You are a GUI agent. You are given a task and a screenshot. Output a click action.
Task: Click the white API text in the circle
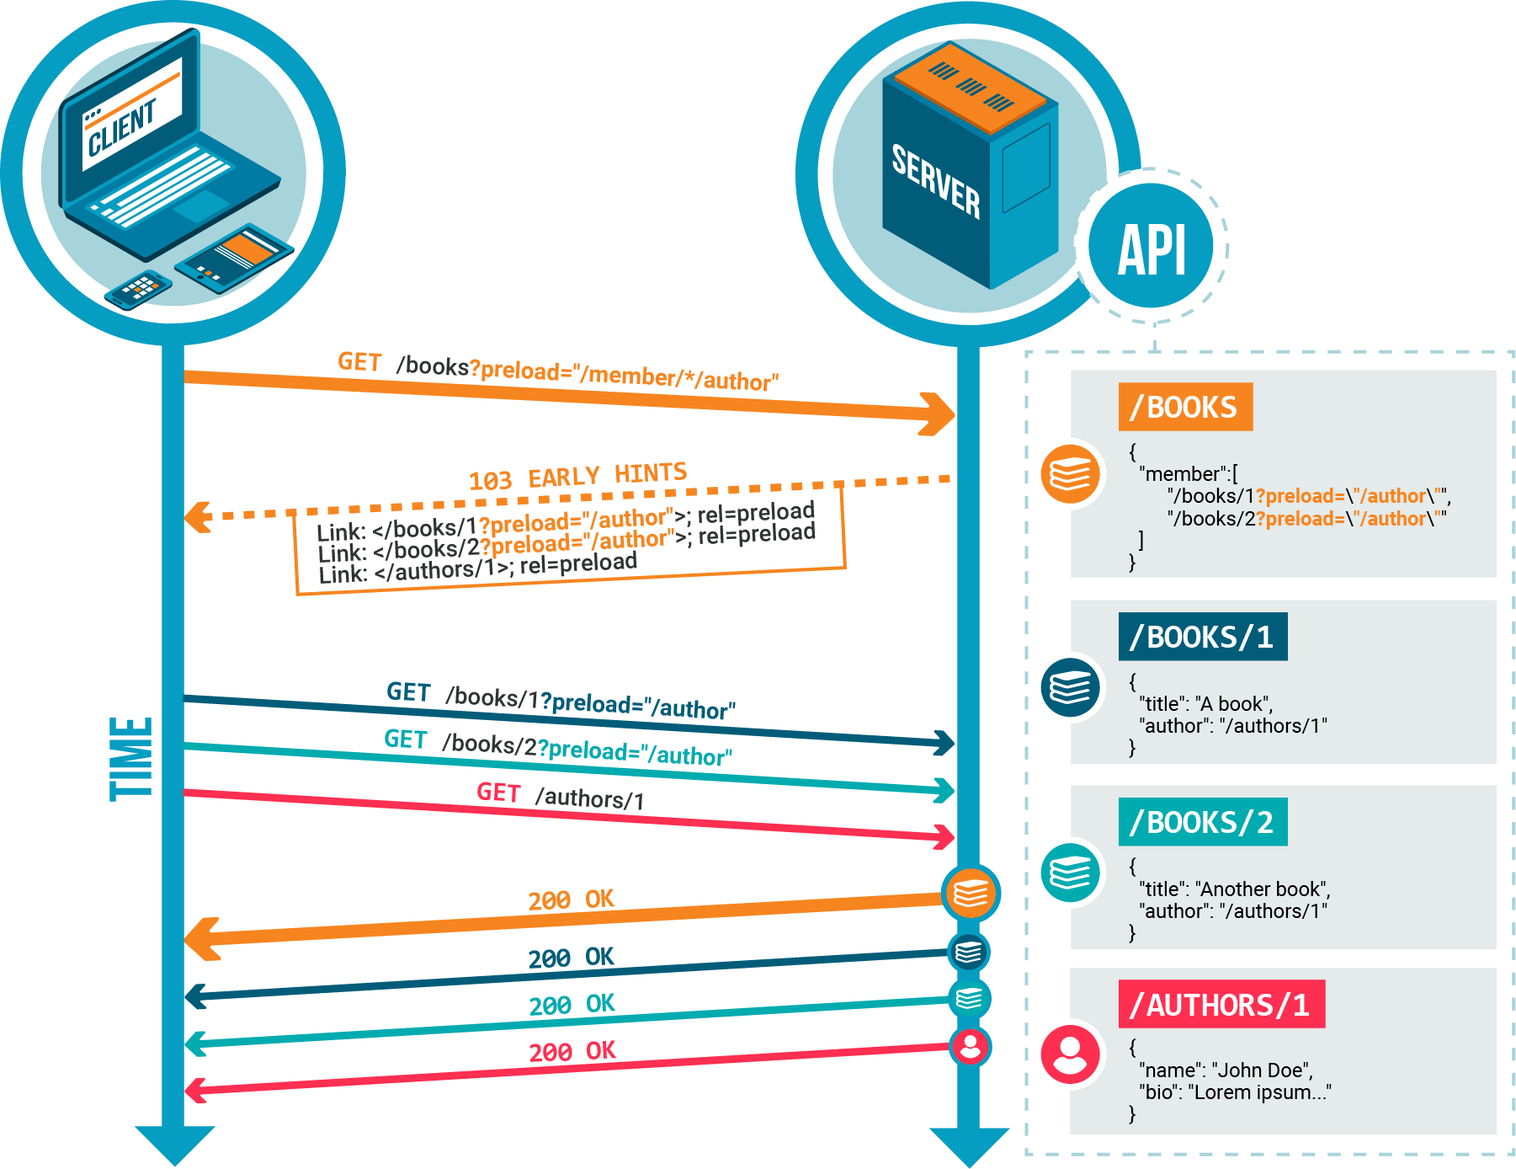tap(1152, 249)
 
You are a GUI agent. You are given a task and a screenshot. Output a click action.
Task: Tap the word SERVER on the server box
tap(936, 181)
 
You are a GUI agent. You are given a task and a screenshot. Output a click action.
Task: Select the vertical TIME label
tap(131, 758)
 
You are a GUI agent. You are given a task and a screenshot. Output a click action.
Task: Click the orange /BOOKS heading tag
tap(1185, 408)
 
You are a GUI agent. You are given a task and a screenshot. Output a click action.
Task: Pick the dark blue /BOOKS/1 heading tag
tap(1202, 638)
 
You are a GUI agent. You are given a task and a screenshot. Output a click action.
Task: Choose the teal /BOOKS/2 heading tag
tap(1202, 822)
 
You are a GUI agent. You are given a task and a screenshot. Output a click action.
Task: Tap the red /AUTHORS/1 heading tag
tap(1221, 1005)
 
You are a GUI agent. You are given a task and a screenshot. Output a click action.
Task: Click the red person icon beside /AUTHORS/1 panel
tap(1070, 1054)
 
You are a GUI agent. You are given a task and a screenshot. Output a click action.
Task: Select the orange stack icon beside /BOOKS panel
tap(1070, 473)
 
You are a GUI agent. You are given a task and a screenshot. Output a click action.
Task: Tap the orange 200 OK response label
tap(571, 900)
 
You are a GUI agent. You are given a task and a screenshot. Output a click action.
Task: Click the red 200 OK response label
tap(572, 1051)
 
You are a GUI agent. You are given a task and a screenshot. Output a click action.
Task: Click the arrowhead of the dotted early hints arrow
tap(199, 517)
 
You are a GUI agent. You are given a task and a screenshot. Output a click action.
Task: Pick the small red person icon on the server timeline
tap(971, 1046)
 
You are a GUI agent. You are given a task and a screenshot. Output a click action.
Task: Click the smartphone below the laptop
tap(139, 289)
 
